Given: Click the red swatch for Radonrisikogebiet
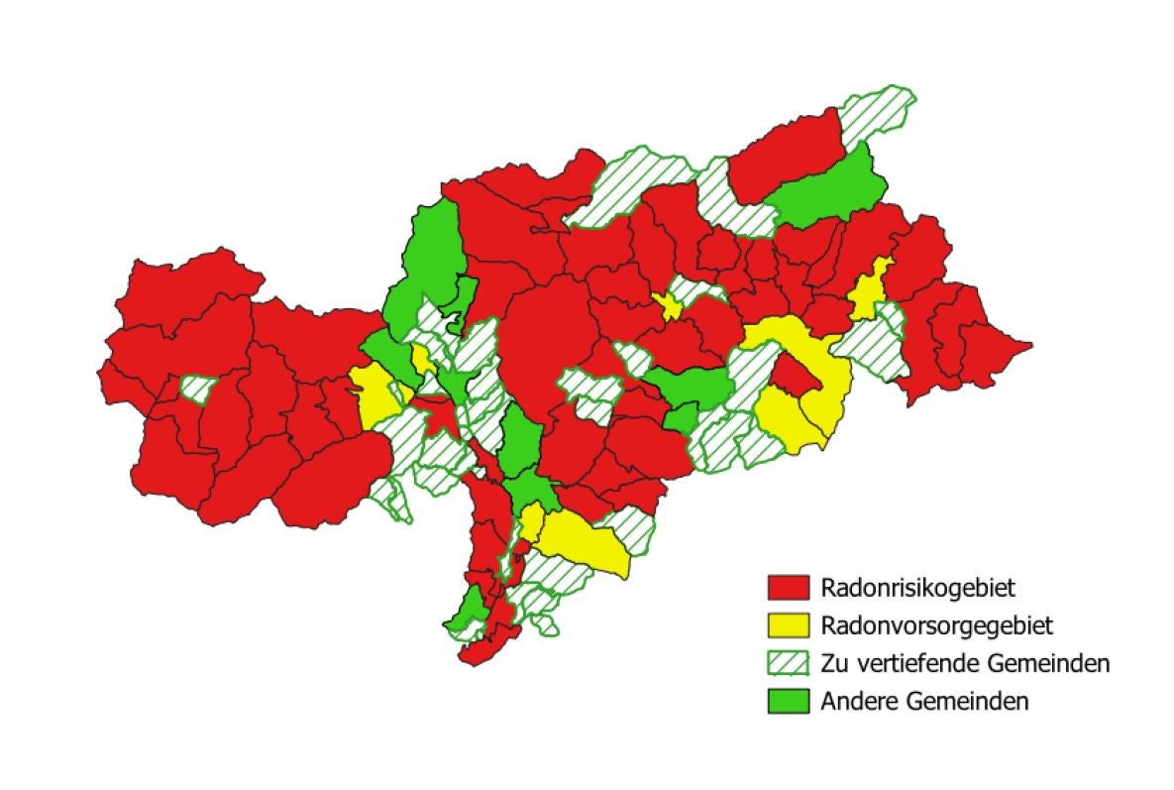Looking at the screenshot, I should pos(789,587).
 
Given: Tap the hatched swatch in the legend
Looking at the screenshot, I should pos(789,662).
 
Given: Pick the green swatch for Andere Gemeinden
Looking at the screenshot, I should pos(789,700).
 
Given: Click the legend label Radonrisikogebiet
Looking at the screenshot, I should pos(917,588).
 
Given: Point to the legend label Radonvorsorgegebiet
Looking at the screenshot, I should pos(935,625).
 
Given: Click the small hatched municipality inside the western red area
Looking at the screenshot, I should pos(199,389).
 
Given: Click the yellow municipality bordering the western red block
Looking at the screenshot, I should pos(374,393).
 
